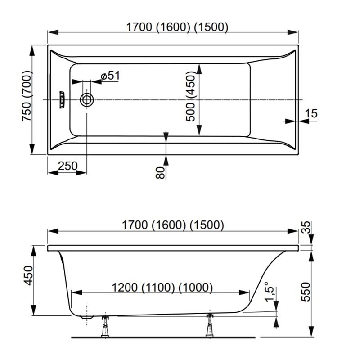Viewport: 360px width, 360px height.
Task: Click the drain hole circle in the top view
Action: pyautogui.click(x=87, y=100)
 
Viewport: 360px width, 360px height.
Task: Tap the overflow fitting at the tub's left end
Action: pyautogui.click(x=62, y=99)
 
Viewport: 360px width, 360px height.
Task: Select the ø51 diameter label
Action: pyautogui.click(x=110, y=76)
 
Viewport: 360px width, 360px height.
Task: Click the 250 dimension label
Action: pyautogui.click(x=68, y=166)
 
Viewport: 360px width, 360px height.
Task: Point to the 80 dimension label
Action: pyautogui.click(x=161, y=173)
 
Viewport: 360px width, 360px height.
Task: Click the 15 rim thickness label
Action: pyautogui.click(x=311, y=113)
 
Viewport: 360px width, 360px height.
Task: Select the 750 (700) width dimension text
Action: pyautogui.click(x=27, y=96)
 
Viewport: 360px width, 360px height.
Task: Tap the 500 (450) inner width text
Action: pyautogui.click(x=190, y=95)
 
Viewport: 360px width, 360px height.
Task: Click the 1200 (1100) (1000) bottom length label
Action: pyautogui.click(x=162, y=287)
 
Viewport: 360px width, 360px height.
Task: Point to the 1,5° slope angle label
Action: pyautogui.click(x=269, y=291)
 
